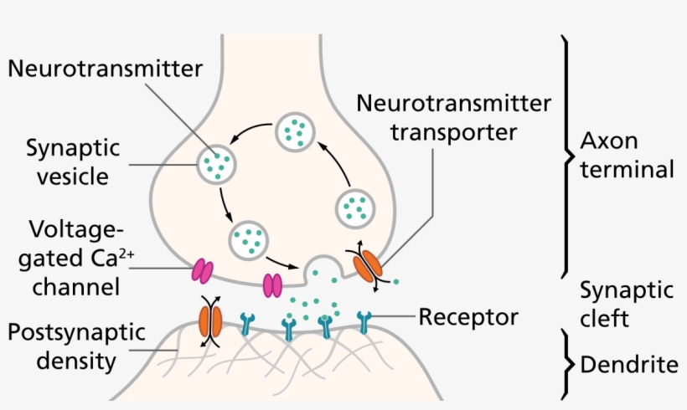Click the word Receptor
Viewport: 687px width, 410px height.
[x=468, y=317]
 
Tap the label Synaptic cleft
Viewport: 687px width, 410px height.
[x=628, y=305]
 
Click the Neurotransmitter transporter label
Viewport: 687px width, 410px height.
[x=453, y=117]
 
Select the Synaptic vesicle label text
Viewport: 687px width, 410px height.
[x=72, y=163]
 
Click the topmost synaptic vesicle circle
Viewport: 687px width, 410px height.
[x=295, y=131]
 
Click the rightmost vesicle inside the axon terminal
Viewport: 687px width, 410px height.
[x=355, y=206]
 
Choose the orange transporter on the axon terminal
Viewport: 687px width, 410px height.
[x=366, y=266]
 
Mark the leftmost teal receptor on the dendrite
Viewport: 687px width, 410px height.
[x=248, y=321]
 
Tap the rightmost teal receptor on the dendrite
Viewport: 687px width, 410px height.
[x=364, y=321]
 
